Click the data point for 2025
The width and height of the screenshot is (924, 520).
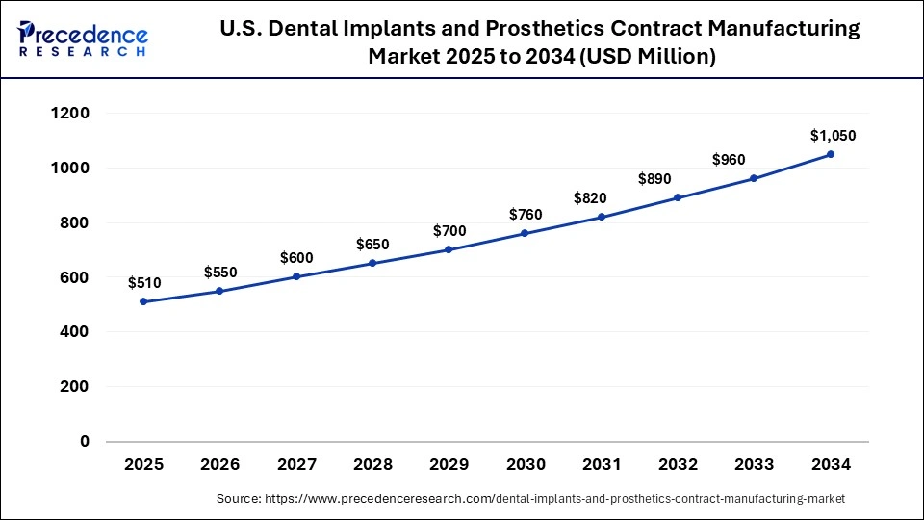pos(143,301)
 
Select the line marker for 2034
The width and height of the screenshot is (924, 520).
pos(831,154)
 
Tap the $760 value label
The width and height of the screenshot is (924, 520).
pos(526,214)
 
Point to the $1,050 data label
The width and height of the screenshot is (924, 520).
pos(833,136)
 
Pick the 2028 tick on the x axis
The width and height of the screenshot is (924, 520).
pos(372,464)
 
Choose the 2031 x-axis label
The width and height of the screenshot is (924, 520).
pos(602,464)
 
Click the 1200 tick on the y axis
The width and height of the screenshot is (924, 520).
pos(70,114)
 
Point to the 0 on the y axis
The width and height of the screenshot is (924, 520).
pos(85,442)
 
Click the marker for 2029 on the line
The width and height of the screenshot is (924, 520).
pos(449,249)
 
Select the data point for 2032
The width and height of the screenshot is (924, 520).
pos(678,197)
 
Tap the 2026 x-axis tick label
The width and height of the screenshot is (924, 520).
pos(219,464)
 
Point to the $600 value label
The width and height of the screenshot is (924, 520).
pos(296,258)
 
